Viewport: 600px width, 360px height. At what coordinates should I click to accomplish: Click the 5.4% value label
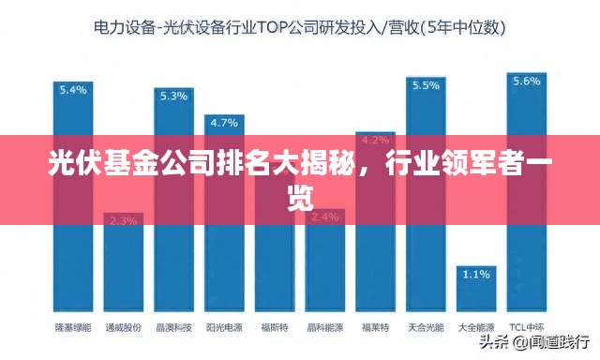coord(72,90)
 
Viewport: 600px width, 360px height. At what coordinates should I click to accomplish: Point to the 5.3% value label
coord(173,96)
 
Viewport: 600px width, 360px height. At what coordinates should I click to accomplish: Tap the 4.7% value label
coord(224,123)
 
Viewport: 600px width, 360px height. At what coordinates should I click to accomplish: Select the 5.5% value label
coord(426,85)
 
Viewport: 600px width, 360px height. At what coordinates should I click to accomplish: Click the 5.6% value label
coord(526,81)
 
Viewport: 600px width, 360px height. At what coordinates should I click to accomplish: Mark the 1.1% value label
coord(476,275)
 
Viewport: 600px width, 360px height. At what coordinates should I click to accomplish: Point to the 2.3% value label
coord(123,221)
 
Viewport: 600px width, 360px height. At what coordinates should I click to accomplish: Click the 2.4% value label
coord(324,217)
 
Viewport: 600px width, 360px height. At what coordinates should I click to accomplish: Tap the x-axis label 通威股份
coord(123,328)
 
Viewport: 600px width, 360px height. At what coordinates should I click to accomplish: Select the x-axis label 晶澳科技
coord(173,328)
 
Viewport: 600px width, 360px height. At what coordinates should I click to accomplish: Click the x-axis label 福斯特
coord(274,328)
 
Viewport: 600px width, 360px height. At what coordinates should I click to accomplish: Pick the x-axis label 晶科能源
coord(324,328)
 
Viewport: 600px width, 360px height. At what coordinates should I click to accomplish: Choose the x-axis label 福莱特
coord(375,328)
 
